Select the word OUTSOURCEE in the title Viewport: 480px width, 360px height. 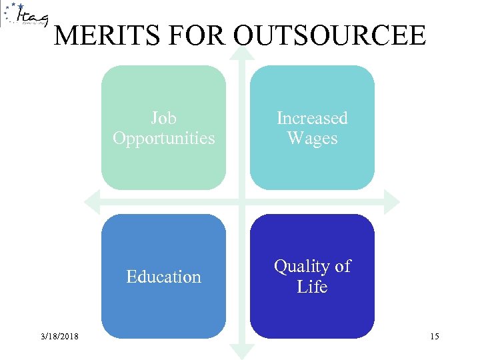[329, 35]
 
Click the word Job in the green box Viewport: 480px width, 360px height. [163, 118]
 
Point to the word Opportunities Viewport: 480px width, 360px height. [163, 138]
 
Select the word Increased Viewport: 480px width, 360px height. [312, 118]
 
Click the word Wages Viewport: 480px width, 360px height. [312, 138]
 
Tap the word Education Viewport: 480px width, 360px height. [163, 277]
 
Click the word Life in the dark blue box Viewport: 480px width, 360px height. [312, 287]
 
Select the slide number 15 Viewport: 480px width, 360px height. [434, 337]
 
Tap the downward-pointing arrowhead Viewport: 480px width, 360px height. [241, 351]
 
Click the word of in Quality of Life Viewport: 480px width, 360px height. [342, 266]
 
